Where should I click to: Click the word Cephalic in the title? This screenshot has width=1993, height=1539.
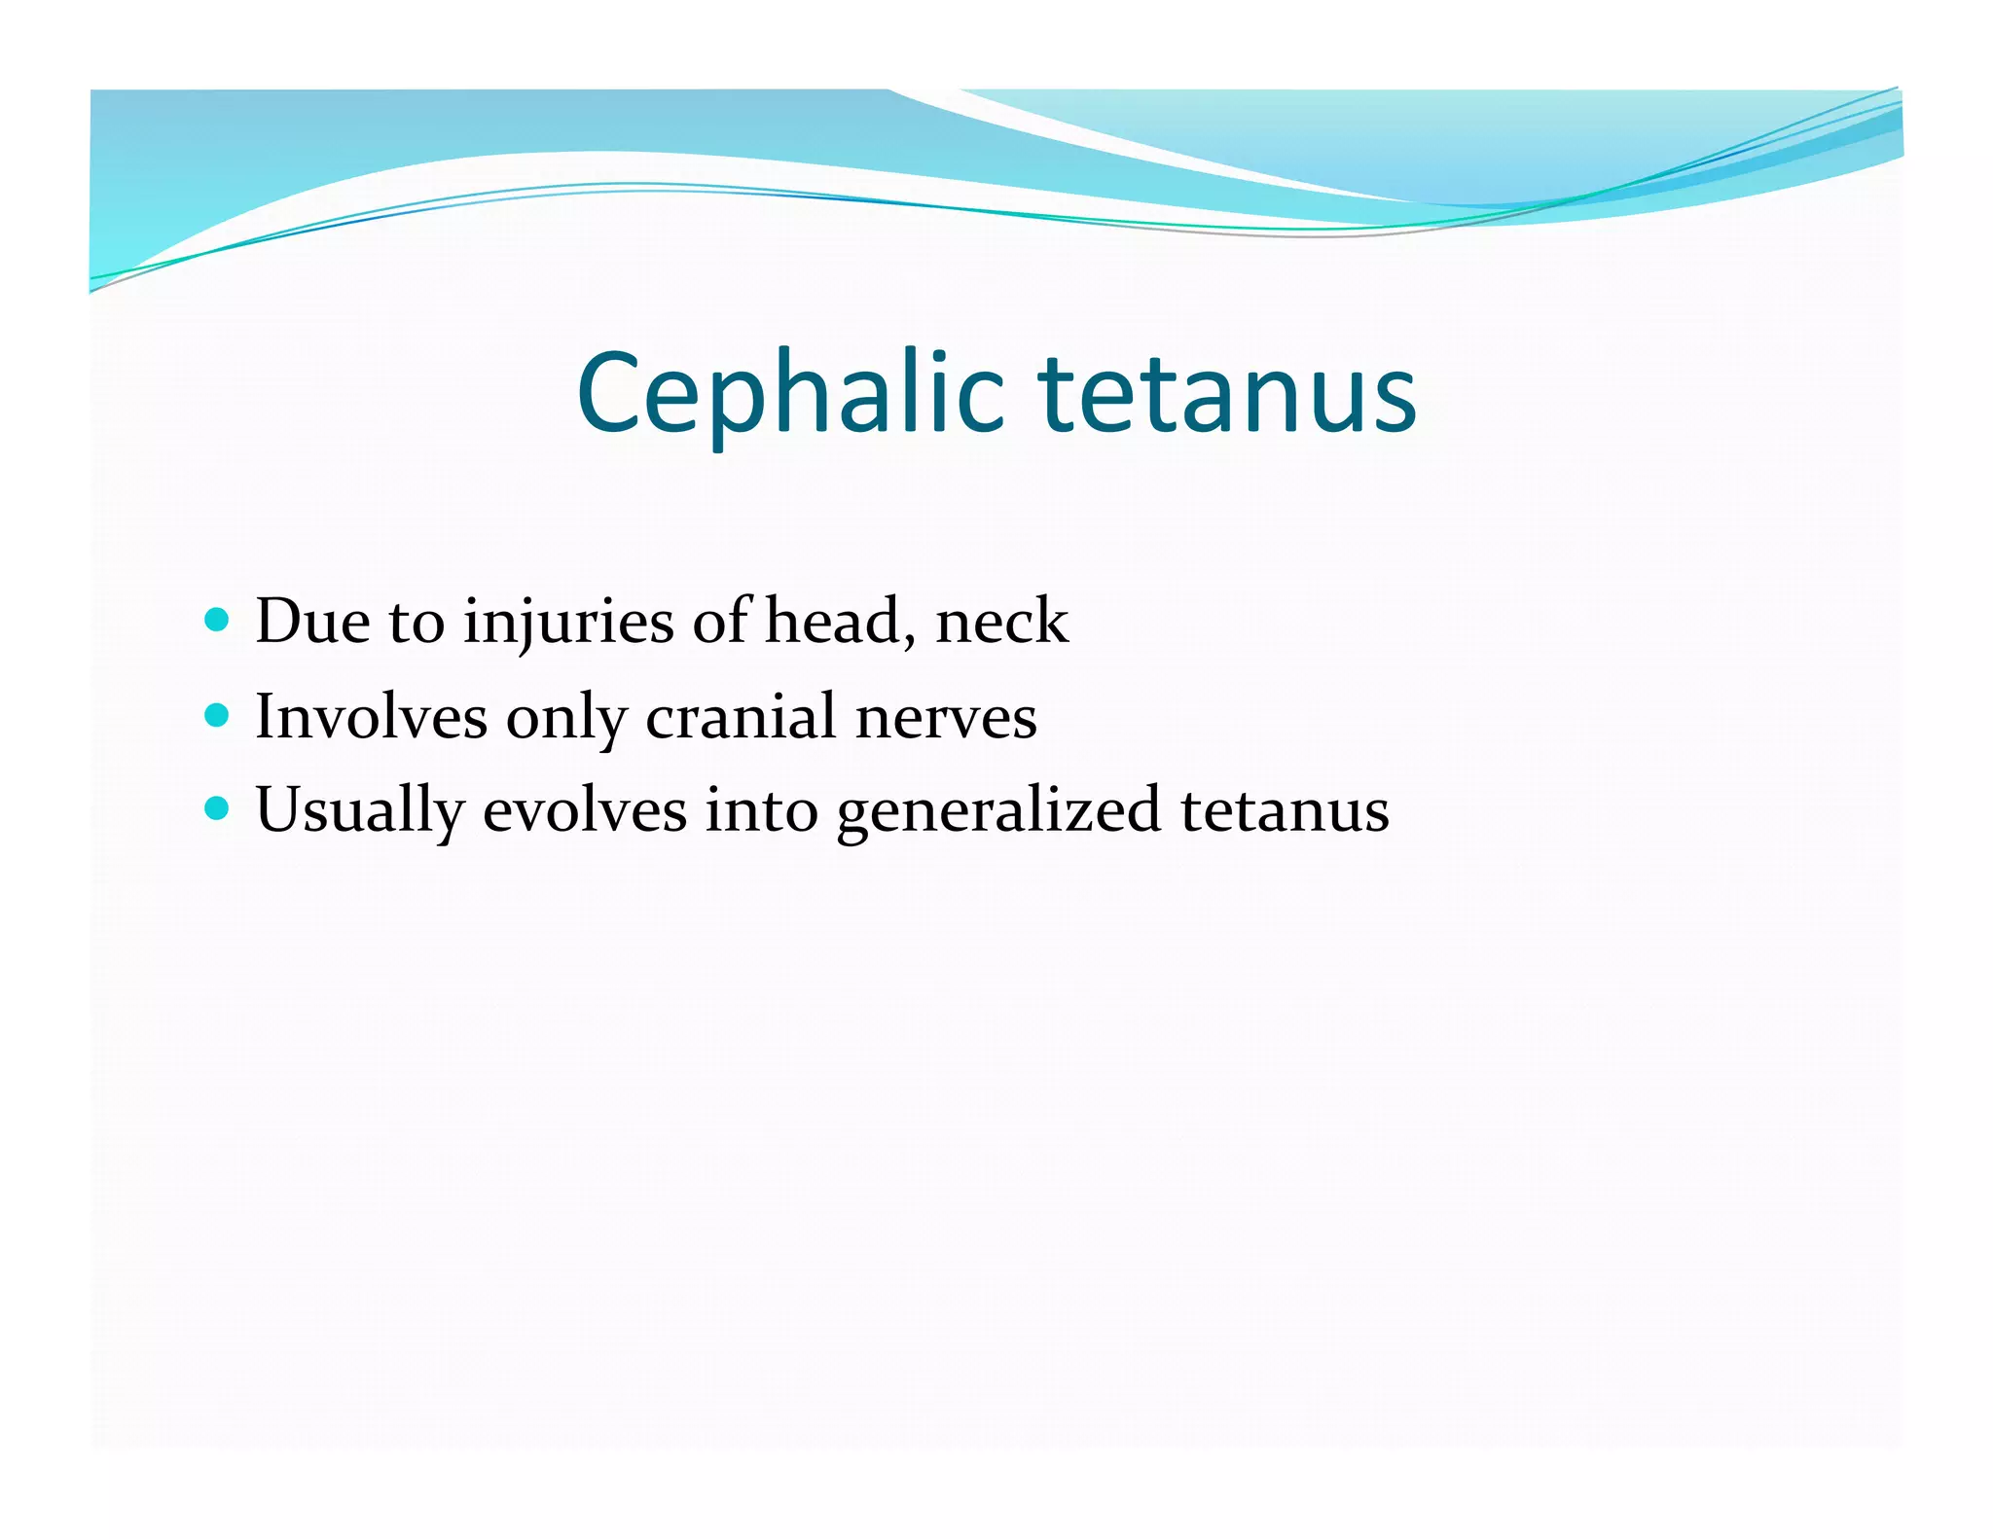tap(789, 393)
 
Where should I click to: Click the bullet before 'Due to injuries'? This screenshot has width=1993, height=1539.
tap(218, 620)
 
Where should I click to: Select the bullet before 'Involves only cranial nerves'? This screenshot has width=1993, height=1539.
tap(218, 716)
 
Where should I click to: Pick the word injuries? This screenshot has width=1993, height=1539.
tap(568, 623)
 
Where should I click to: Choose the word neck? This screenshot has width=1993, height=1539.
tap(1001, 621)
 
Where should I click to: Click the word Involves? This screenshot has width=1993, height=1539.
tap(371, 717)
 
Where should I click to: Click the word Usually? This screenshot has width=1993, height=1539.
tap(359, 810)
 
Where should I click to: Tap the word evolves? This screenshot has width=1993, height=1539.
tap(584, 810)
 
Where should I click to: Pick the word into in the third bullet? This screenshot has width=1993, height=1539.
tap(761, 810)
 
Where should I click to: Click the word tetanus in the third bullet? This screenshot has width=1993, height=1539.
tap(1285, 810)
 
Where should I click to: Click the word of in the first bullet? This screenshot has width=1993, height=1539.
tap(721, 621)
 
